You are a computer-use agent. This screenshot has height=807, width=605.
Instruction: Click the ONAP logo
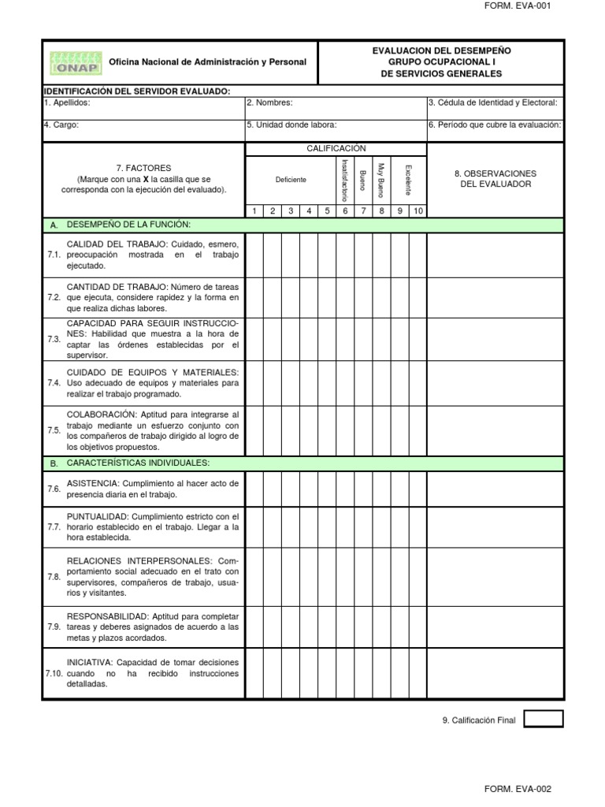[x=74, y=61]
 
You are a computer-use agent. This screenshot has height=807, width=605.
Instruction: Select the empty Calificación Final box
[x=544, y=719]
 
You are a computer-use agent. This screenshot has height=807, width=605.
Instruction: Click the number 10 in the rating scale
[x=418, y=210]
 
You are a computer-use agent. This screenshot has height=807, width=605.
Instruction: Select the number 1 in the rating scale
[x=254, y=210]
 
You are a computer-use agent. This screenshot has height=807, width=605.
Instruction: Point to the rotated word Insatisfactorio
[x=344, y=180]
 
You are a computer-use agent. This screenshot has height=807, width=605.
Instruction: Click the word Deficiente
[x=291, y=180]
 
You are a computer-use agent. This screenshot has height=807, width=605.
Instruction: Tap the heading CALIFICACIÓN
[x=336, y=148]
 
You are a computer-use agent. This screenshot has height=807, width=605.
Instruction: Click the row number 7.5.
[x=54, y=430]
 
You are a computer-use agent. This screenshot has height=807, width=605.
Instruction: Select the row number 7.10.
[x=54, y=674]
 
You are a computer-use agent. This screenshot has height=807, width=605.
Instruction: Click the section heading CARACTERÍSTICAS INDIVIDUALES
[x=138, y=463]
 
